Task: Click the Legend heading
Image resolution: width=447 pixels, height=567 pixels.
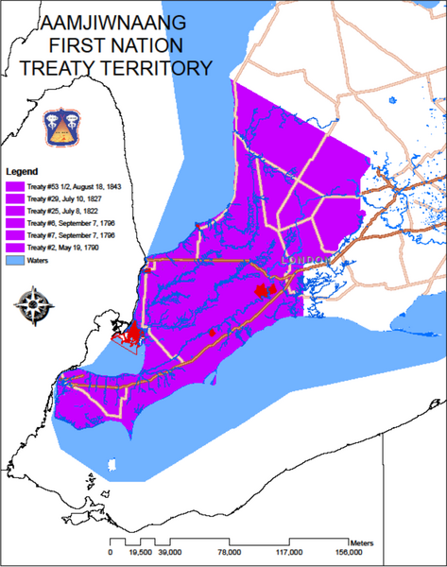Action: pos(22,172)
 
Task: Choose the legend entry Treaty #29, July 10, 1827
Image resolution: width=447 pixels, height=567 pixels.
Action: pos(66,198)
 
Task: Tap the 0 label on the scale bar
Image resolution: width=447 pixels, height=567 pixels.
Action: pos(111,552)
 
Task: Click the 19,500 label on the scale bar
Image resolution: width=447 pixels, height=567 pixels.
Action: pos(141,552)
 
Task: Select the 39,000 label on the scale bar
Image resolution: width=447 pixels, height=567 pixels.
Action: pos(170,552)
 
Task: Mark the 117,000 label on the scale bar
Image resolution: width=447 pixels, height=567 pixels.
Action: pos(289,552)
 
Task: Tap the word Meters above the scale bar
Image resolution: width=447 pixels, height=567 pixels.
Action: pos(361,542)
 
